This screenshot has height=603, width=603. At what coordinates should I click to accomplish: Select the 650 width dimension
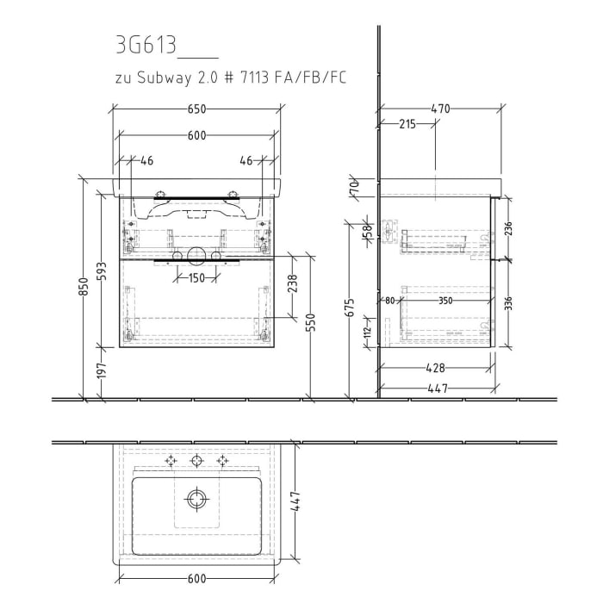[x=197, y=109]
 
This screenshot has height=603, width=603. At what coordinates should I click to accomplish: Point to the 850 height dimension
[x=84, y=288]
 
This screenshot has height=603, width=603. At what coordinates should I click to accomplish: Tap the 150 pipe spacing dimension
[x=197, y=277]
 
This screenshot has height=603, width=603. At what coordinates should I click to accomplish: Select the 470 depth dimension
[x=441, y=109]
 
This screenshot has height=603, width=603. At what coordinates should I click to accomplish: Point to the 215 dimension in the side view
[x=407, y=125]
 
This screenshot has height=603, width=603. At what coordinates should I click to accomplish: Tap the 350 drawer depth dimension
[x=444, y=301]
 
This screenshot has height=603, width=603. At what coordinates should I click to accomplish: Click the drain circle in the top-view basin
[x=197, y=498]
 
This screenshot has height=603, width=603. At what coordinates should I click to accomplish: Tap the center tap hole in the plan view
[x=197, y=461]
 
